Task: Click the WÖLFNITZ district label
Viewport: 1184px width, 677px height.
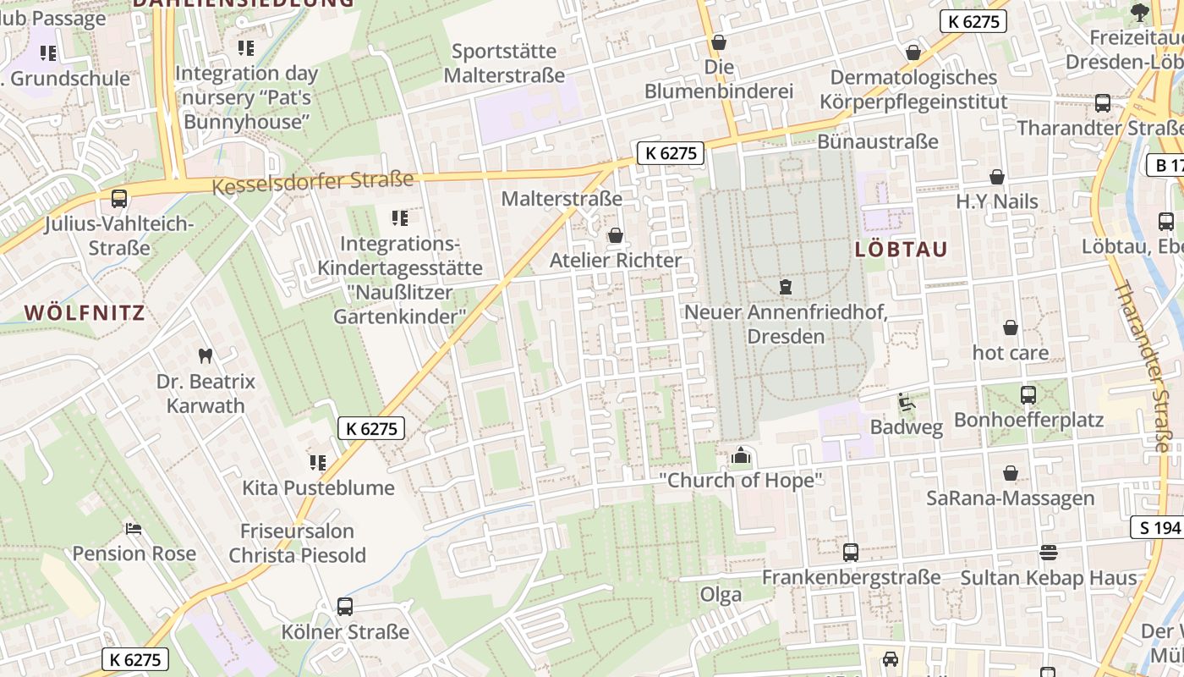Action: click(85, 312)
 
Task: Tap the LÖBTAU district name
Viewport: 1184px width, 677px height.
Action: click(902, 250)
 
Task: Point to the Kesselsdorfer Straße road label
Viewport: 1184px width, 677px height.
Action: click(313, 182)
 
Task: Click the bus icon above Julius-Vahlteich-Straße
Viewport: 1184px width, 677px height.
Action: click(119, 199)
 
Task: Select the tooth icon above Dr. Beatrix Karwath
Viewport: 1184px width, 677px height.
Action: click(204, 355)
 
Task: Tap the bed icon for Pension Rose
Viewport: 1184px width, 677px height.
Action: click(134, 529)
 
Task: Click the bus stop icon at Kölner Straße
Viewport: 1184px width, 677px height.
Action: click(344, 606)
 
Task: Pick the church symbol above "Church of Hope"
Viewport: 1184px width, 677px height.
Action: click(741, 456)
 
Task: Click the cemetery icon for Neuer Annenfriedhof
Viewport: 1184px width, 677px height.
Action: click(786, 287)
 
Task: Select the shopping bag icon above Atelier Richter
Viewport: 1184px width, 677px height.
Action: click(615, 235)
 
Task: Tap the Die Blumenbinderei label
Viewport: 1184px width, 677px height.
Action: click(719, 79)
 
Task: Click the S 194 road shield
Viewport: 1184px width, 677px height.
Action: click(1156, 528)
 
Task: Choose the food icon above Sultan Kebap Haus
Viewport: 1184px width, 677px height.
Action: click(1049, 553)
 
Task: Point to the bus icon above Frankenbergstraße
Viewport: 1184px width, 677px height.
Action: click(851, 553)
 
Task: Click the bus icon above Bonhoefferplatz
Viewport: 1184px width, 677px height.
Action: click(1028, 394)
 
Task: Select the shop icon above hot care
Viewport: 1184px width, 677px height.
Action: click(1010, 327)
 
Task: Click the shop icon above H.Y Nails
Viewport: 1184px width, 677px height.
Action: click(997, 177)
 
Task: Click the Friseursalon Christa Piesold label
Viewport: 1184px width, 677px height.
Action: click(297, 543)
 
